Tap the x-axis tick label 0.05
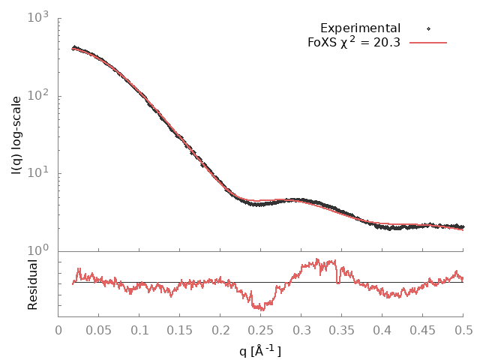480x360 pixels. [x=99, y=329]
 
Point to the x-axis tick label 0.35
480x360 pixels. [x=342, y=329]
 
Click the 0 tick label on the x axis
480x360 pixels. [x=58, y=329]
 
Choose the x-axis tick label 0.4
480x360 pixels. [x=382, y=329]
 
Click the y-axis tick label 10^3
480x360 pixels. [x=37, y=17]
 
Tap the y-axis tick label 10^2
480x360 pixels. [x=37, y=95]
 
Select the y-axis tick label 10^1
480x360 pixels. [x=37, y=173]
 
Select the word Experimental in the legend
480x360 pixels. [x=360, y=28]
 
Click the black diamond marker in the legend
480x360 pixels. [x=428, y=28]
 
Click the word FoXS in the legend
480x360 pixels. [x=322, y=43]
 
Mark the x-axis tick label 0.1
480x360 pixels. [x=139, y=329]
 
